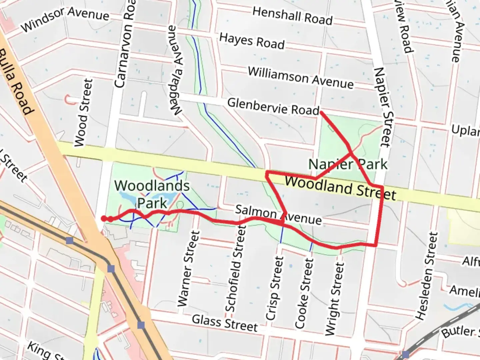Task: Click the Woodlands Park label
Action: point(152,194)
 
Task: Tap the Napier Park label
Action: point(348,164)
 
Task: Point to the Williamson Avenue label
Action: point(300,78)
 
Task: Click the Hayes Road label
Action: point(252,41)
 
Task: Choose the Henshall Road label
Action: point(292,16)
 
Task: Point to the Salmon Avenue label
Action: point(278,215)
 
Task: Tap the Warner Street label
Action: point(188,269)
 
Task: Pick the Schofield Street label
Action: point(236,268)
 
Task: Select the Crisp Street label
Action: point(275,288)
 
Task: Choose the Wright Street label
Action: point(334,299)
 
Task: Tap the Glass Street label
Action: point(225,323)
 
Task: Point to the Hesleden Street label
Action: point(426,276)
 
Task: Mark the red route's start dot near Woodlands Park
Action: point(104,218)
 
